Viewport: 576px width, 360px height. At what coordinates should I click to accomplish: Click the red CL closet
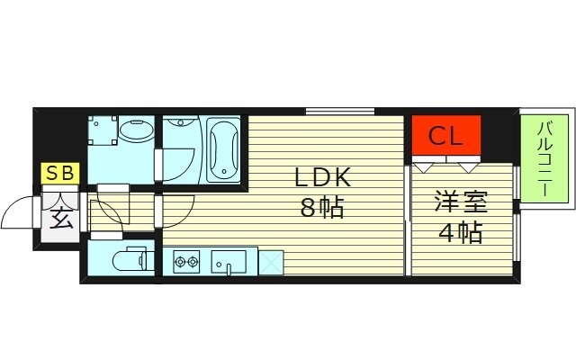(x=446, y=136)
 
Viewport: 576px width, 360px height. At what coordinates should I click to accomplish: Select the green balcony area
(x=544, y=159)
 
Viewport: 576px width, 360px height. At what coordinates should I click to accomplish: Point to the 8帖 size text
(x=321, y=210)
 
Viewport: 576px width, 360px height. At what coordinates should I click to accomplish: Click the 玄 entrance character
(x=61, y=216)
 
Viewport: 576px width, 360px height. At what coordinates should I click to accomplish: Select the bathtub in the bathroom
(x=222, y=148)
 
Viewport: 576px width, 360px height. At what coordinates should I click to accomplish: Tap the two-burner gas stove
(x=185, y=262)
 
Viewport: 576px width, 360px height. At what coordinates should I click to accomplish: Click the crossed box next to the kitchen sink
(x=270, y=262)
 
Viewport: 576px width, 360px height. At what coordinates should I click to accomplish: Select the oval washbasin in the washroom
(x=135, y=132)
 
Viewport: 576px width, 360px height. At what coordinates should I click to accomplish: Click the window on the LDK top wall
(x=339, y=111)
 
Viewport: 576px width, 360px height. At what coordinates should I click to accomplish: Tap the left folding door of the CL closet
(x=425, y=166)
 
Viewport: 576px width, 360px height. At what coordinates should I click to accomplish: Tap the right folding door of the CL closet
(x=467, y=166)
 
